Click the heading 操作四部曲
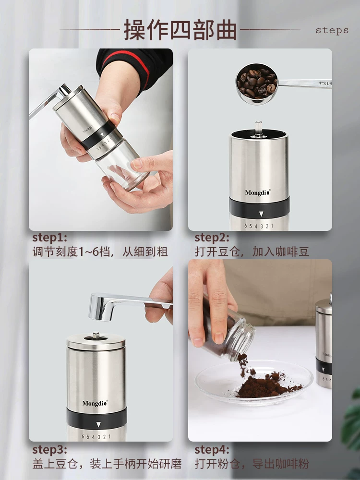coord(180,30)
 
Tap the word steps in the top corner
coord(332,30)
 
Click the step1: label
coord(49,238)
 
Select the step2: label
coord(212,238)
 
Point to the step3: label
coord(49,450)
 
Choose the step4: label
coord(212,450)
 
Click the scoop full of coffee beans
coord(257,83)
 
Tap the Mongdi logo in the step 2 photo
coord(257,192)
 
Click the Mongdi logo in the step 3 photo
coord(95,403)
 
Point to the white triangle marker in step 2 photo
coord(261,214)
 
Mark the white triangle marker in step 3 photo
coord(98,425)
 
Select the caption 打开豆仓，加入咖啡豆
coord(252,252)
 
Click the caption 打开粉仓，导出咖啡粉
coord(252,464)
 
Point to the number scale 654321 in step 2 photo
coord(258,226)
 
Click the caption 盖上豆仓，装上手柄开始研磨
coord(107,464)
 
